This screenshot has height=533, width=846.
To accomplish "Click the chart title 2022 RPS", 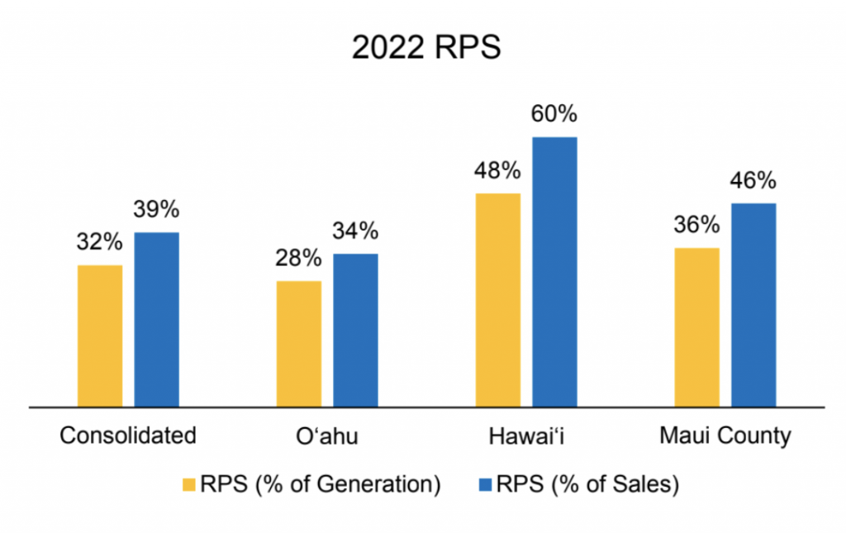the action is coord(426,47).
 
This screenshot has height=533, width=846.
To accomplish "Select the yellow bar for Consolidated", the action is coord(100,336).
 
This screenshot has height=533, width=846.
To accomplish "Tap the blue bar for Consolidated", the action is coord(156,319).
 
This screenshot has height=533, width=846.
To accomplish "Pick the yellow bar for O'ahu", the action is coord(299,344).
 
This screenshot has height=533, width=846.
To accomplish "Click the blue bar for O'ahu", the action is coord(355,331).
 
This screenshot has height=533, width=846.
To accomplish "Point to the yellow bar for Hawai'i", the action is coord(498,300).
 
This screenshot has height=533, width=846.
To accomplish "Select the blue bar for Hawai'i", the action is coord(554,272).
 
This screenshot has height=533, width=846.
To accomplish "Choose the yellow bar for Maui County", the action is coord(697,327).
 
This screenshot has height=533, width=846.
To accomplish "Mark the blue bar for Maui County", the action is coord(753,305).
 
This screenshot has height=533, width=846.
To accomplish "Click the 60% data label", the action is coord(554,114).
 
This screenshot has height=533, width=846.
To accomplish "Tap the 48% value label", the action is coord(497,170).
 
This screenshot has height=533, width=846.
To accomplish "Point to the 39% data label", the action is coord(156,209).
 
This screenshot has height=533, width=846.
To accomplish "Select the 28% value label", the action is coord(298,258).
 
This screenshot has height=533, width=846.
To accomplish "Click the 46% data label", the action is coord(753,180).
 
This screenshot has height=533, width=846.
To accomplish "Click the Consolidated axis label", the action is coord(128,435).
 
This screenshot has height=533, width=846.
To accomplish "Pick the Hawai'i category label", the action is coord(526,435).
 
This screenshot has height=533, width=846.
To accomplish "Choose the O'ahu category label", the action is coord(327,435).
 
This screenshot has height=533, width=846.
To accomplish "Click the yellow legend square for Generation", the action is coord(189,484).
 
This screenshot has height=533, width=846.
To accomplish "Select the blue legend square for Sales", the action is coord(485,484).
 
